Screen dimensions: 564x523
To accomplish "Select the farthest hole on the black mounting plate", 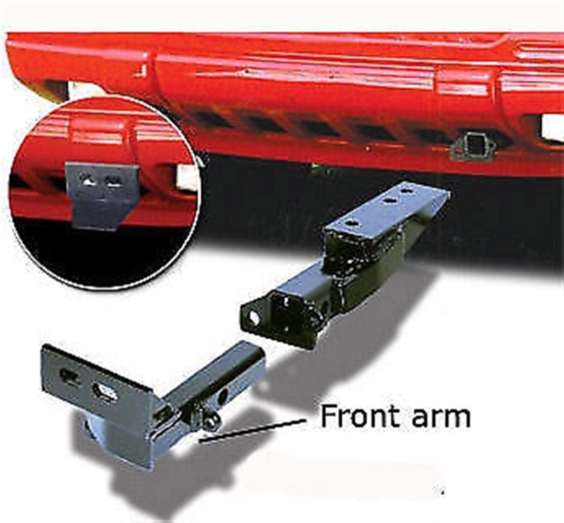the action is pos(407,191).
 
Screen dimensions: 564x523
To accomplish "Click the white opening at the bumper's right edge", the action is pos(553,127).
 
